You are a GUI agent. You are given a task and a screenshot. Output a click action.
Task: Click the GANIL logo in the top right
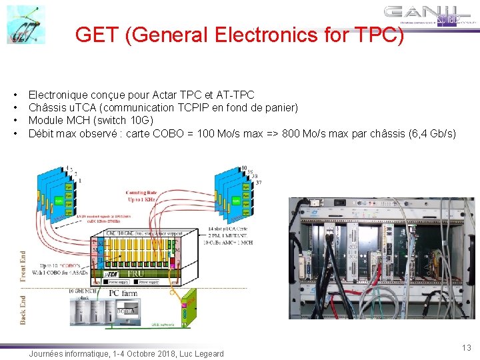[431, 16]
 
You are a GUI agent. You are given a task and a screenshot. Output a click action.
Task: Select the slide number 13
[466, 347]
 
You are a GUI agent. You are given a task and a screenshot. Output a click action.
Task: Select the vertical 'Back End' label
[24, 311]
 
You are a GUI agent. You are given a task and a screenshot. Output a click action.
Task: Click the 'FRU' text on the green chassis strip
[137, 274]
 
